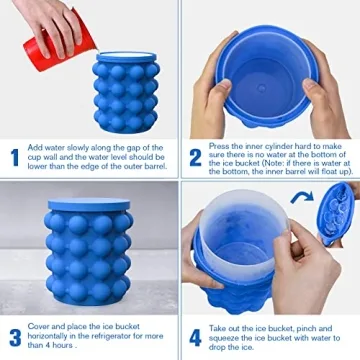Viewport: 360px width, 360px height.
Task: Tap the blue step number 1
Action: pos(15,157)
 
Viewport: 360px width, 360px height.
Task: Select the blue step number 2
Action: pos(196,157)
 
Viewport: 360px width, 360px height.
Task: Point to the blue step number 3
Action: pos(15,337)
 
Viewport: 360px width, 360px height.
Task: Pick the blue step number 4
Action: pos(196,337)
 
